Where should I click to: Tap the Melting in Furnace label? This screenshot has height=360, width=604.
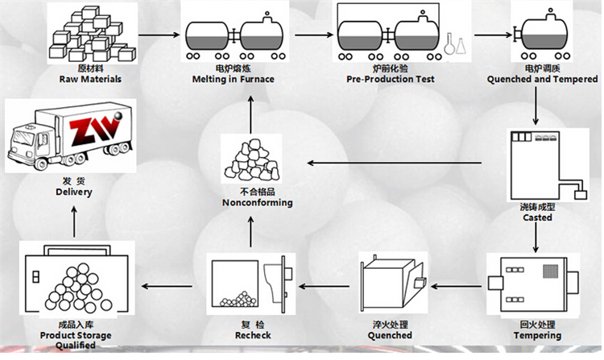[233, 80]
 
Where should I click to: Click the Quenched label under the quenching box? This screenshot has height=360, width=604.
[390, 335]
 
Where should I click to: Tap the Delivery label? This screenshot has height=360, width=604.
[74, 192]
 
